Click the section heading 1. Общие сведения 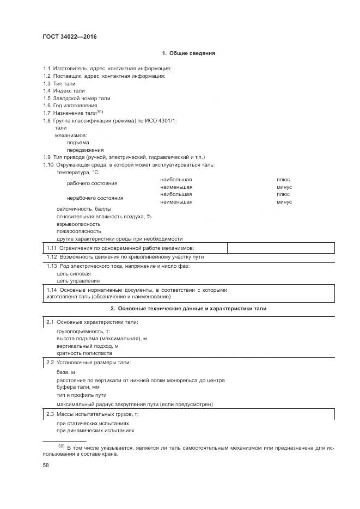[x=188, y=53]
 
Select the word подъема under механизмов [x=78, y=142]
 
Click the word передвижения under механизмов [x=85, y=150]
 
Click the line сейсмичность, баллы [x=83, y=209]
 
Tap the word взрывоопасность [x=78, y=224]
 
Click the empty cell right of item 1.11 [x=280, y=248]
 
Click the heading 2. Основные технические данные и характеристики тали [x=188, y=309]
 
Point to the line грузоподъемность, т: [x=83, y=331]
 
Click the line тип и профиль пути [x=82, y=395]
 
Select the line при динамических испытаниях [x=95, y=430]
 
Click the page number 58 [x=46, y=466]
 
